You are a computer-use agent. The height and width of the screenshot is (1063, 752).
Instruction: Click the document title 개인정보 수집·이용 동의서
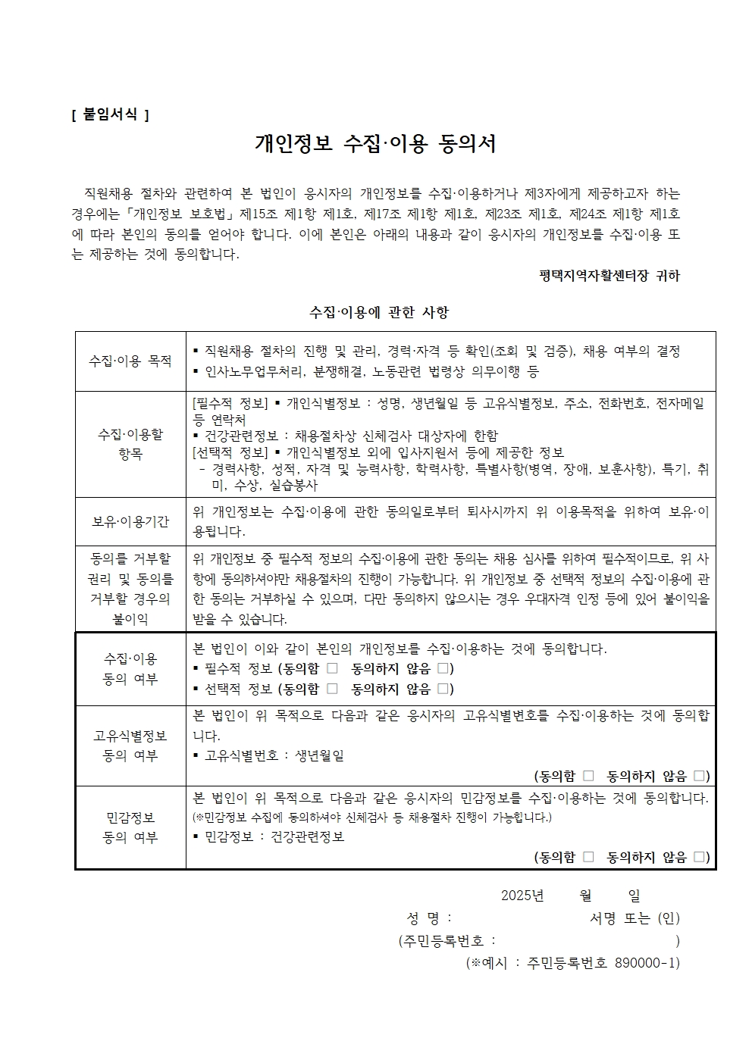[375, 144]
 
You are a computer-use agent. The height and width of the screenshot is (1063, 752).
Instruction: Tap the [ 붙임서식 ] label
[110, 114]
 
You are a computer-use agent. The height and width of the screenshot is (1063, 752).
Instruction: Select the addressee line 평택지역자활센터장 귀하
[609, 275]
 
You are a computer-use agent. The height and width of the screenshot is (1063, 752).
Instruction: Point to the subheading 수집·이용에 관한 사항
[379, 311]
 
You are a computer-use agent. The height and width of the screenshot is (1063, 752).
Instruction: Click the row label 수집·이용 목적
[130, 361]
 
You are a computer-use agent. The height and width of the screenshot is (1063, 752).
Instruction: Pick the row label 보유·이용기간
[130, 521]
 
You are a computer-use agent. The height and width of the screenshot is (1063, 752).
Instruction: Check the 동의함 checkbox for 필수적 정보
[332, 668]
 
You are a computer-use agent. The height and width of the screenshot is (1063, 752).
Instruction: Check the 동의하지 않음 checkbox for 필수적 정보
[443, 668]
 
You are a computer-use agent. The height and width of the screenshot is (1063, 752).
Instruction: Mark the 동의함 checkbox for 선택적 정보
[332, 689]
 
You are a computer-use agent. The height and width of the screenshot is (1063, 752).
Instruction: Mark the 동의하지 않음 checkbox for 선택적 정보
[443, 689]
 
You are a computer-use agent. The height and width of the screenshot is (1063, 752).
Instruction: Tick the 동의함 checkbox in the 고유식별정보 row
[588, 776]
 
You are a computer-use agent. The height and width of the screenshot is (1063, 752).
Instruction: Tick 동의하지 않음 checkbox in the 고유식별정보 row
[699, 776]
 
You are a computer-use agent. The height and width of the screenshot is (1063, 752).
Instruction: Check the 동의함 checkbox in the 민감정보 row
[588, 857]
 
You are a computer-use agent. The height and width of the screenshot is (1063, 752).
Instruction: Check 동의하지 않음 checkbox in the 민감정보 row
[699, 857]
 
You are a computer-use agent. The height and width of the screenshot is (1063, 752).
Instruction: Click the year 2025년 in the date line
[522, 896]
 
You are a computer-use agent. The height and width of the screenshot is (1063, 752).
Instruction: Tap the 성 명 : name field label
[429, 918]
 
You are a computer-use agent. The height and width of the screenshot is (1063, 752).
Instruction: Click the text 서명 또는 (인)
[634, 918]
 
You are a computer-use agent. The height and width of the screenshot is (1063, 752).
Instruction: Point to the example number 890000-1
[645, 963]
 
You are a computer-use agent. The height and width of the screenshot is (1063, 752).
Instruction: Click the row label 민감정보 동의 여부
[130, 827]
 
